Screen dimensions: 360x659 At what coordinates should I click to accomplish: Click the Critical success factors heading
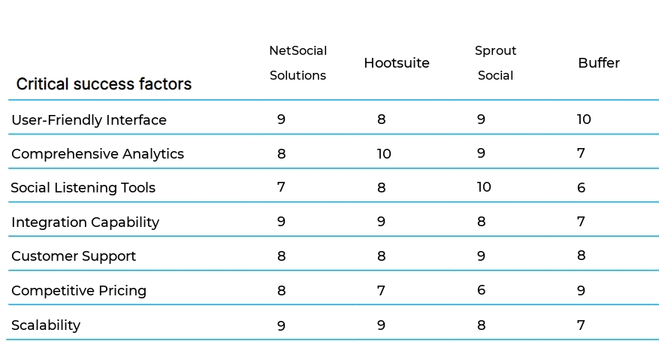point(104,84)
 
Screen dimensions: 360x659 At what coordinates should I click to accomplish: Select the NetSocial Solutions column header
point(298,63)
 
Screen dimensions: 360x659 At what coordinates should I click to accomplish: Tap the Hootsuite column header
point(396,63)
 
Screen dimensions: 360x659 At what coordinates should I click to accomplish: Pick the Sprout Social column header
point(495,63)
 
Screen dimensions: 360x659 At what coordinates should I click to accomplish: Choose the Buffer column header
point(598,63)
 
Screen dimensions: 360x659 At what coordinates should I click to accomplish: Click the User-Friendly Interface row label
point(89,120)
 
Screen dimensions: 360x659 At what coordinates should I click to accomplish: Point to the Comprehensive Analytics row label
point(97,154)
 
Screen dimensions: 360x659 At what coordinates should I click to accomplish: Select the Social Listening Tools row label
point(83,188)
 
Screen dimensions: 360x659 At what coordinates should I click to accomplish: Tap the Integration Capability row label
point(85,222)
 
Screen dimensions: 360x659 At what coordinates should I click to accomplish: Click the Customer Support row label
point(74,256)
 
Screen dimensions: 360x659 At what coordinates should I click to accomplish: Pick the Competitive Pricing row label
point(78,291)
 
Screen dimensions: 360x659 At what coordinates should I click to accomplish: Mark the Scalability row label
point(45,325)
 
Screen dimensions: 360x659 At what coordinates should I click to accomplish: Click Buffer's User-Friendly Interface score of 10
point(583,119)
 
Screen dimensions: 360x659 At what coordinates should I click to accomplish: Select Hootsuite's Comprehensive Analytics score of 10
point(383,153)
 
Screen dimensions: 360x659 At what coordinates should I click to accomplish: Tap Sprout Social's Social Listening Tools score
point(483,186)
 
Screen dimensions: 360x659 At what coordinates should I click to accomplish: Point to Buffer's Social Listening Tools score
point(581,188)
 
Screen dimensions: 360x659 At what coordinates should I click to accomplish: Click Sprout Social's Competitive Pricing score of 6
point(481,290)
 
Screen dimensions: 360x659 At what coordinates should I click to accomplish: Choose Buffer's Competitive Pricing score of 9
point(581,290)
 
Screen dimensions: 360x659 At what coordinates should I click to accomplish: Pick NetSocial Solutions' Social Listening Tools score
point(281,187)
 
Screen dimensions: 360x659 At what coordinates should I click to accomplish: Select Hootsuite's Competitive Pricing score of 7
point(381,290)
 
